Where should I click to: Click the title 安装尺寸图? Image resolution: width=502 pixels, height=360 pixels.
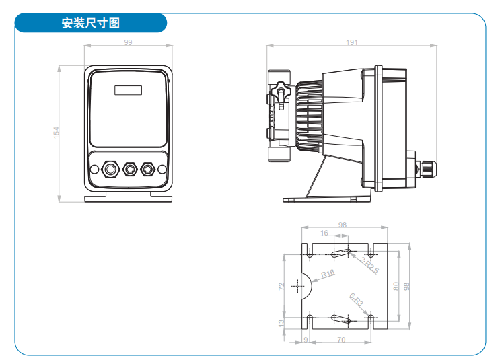(x=90, y=23)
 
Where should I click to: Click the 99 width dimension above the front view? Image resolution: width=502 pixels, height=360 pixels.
(x=127, y=43)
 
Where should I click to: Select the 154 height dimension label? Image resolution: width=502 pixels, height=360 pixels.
(x=57, y=133)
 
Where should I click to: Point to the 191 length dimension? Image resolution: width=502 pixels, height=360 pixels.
(x=351, y=43)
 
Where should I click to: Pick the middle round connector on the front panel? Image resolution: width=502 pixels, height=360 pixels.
(x=128, y=168)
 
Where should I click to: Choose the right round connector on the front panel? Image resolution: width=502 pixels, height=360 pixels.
(x=147, y=168)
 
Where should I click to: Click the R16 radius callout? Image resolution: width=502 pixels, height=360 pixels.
(x=328, y=274)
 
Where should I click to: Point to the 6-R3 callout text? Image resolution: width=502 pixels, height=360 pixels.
(x=356, y=300)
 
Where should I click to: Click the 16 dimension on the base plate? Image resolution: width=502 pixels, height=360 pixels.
(x=324, y=233)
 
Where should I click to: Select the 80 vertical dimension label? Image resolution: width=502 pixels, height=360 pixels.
(x=397, y=286)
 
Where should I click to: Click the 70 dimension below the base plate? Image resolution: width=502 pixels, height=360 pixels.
(x=341, y=340)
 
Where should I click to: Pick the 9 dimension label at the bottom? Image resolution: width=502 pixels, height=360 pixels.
(x=306, y=340)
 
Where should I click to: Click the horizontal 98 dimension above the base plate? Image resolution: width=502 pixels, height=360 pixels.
(x=343, y=225)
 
